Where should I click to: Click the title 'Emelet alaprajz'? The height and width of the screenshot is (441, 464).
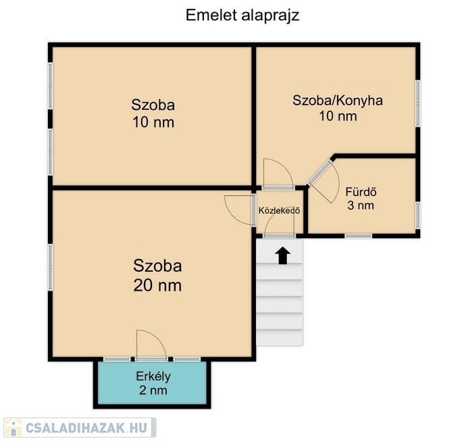click(x=242, y=16)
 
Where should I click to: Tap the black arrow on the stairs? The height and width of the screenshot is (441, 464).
click(x=283, y=255)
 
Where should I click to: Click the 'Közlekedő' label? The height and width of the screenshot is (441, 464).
click(x=280, y=210)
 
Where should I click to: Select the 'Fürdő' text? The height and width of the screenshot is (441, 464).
click(x=361, y=192)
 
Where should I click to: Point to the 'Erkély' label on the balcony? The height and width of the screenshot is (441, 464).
click(x=153, y=377)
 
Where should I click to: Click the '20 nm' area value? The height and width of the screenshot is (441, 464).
click(x=157, y=286)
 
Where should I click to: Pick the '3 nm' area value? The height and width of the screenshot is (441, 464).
click(x=361, y=205)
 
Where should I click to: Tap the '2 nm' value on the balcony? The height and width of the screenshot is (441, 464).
click(x=153, y=390)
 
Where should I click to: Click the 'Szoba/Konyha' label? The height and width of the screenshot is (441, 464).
click(x=338, y=100)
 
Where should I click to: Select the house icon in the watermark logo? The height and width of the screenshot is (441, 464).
click(x=14, y=428)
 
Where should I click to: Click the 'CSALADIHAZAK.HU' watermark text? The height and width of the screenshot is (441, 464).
click(x=86, y=428)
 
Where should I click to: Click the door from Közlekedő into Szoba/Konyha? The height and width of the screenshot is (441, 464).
click(x=278, y=174)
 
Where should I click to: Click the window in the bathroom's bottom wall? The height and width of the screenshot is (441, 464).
click(x=358, y=236)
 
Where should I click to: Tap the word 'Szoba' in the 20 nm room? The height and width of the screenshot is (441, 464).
click(x=157, y=266)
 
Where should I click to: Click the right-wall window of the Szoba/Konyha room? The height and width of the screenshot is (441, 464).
click(x=417, y=103)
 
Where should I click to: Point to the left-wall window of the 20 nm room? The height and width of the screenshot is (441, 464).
click(x=50, y=267)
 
